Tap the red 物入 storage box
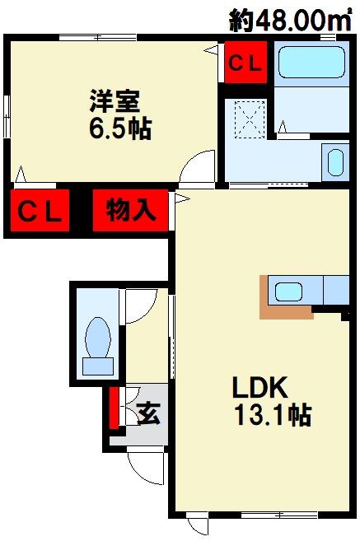131,211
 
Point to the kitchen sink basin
289,291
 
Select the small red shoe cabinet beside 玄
114,407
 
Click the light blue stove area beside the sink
337,291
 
